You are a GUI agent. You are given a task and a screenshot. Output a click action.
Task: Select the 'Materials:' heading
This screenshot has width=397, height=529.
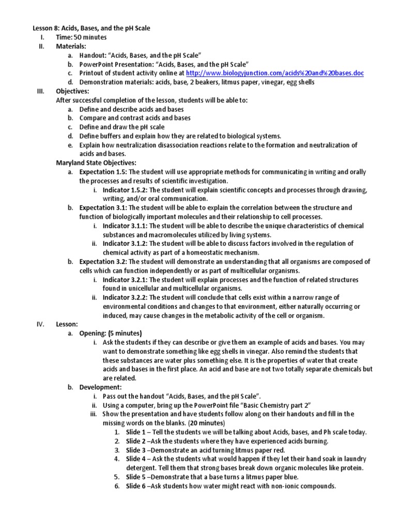[71, 46]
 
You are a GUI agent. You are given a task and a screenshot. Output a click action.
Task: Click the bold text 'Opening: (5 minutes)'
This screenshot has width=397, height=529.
[111, 333]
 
